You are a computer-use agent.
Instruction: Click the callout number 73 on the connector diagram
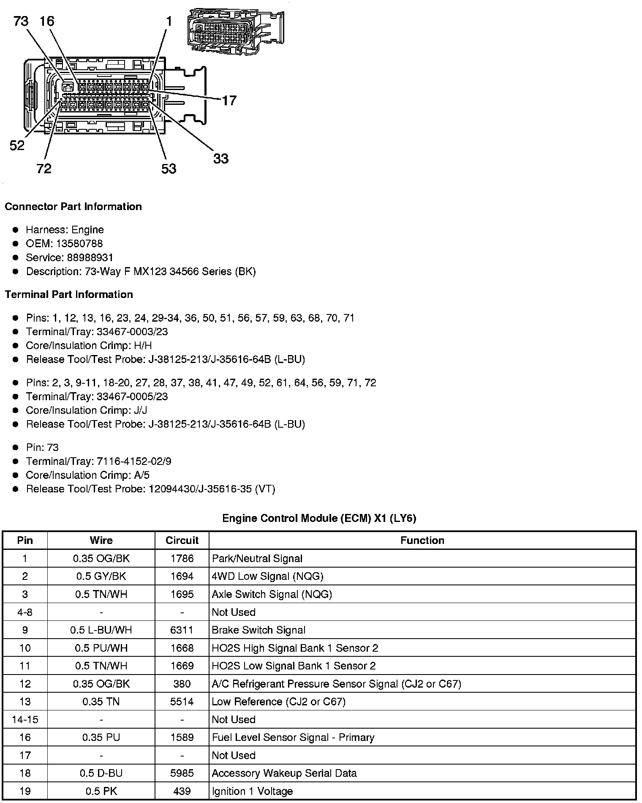point(21,21)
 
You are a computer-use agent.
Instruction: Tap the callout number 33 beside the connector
point(220,159)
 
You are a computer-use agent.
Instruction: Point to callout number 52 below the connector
point(17,146)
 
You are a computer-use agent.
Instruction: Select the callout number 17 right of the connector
point(229,101)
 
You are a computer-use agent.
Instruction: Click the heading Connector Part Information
point(73,207)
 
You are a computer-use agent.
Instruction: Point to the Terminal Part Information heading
point(69,295)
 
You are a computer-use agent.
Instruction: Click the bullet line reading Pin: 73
point(42,448)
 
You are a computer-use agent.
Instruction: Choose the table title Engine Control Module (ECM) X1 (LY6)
point(319,518)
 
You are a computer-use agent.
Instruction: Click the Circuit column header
point(182,541)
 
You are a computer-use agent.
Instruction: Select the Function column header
point(422,541)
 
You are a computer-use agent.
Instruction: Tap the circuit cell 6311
point(182,630)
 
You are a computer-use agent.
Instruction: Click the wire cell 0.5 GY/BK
point(101,576)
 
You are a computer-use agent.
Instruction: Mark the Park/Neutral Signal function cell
point(257,559)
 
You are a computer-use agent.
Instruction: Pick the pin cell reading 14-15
point(25,720)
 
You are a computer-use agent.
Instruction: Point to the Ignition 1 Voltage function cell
point(252,791)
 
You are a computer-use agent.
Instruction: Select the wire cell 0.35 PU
point(101,737)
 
